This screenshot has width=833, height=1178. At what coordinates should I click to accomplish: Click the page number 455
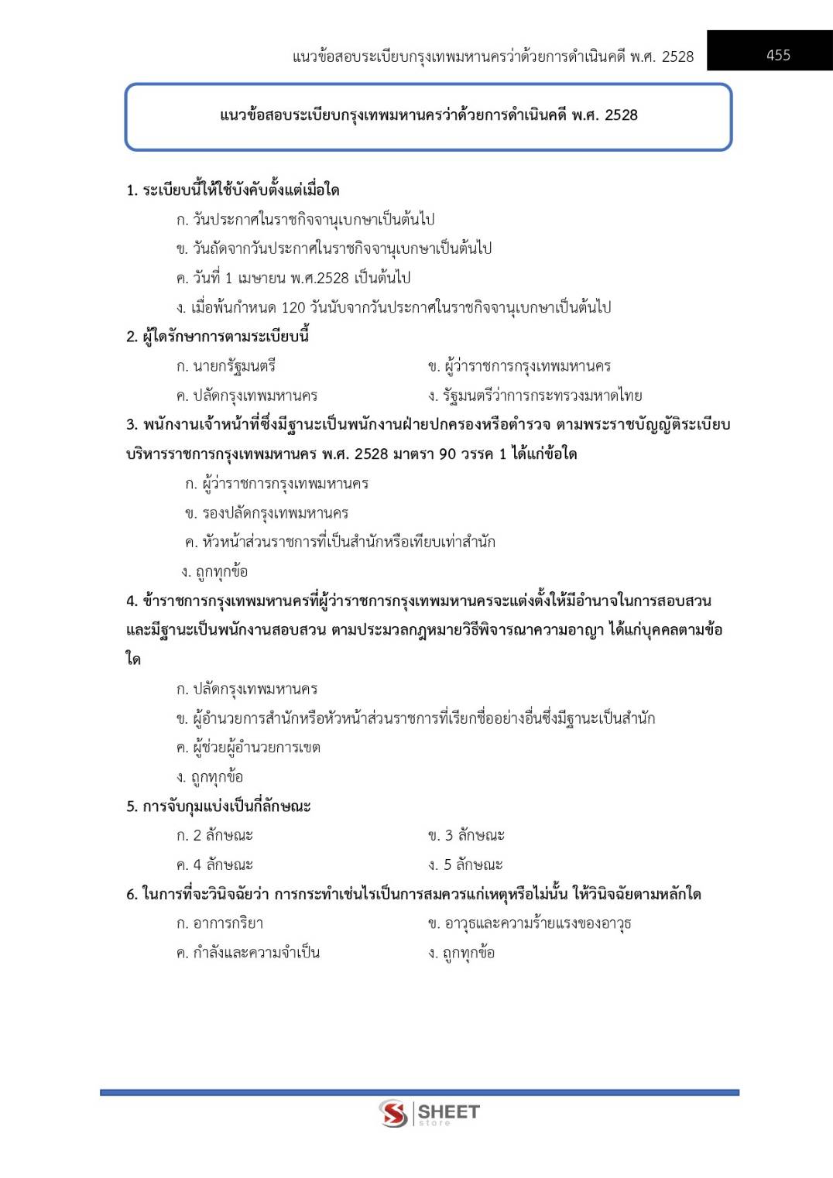tap(777, 55)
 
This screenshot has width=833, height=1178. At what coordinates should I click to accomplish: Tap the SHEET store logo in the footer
tap(429, 1114)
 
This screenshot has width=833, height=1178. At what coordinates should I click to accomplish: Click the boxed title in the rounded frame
tap(428, 115)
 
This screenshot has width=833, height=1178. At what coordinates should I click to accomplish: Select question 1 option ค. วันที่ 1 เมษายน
tap(293, 278)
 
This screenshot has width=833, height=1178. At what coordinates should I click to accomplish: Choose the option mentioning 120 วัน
tap(393, 307)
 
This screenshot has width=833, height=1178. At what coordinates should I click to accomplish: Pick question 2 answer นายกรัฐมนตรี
tap(226, 366)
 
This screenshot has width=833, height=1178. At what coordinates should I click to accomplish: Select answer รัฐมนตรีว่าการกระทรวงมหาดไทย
tap(535, 396)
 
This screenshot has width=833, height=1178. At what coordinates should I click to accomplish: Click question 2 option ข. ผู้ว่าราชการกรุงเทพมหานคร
tap(519, 366)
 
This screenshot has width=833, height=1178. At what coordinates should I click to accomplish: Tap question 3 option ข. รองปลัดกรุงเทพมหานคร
tap(267, 513)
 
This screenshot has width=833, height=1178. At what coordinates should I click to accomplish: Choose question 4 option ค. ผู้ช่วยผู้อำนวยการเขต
tap(249, 748)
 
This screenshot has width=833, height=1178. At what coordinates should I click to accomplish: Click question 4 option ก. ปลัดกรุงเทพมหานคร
tap(247, 689)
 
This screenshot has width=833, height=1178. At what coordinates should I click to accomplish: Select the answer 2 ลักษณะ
tap(215, 836)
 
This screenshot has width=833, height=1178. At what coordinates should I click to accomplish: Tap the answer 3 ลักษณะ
tap(467, 836)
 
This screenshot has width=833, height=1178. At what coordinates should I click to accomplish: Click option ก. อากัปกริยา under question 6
tap(220, 923)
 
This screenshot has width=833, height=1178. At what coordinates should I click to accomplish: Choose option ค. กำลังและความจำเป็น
tap(248, 953)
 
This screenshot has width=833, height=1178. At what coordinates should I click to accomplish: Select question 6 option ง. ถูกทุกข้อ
tap(461, 953)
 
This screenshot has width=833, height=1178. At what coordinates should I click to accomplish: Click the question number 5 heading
tap(218, 806)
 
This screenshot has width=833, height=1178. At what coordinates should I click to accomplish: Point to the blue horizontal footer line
tap(419, 1092)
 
